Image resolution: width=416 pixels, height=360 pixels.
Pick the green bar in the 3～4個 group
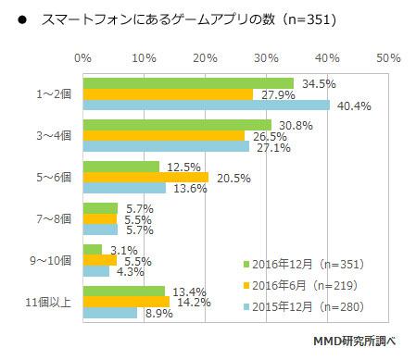pos(177,125)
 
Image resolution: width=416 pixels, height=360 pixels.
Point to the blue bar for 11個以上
pos(110,313)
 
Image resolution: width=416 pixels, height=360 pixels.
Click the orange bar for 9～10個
pos(100,260)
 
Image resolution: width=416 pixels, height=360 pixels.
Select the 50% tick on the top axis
pos(388,58)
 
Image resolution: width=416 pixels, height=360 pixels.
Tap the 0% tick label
pos(82,58)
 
